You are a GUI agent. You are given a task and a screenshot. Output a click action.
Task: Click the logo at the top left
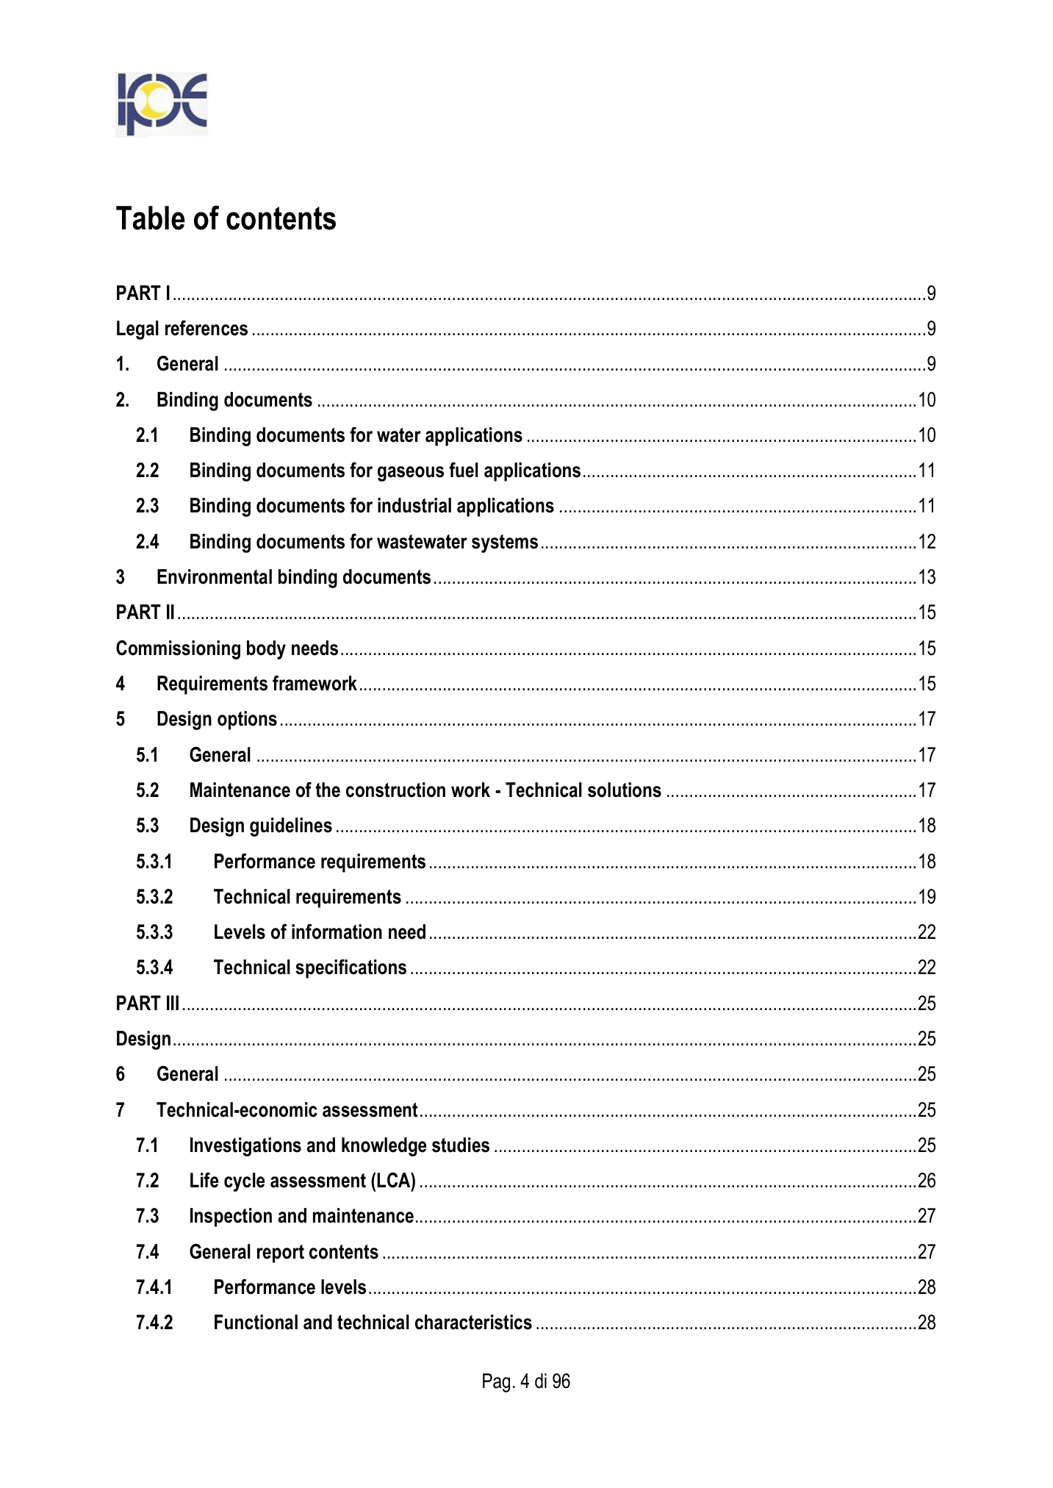[162, 104]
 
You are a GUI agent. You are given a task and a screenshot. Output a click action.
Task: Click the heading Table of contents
[226, 219]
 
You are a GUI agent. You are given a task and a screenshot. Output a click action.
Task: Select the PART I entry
[143, 293]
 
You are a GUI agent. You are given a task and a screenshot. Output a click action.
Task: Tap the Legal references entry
[182, 329]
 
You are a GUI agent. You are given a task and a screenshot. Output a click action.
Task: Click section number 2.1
[147, 435]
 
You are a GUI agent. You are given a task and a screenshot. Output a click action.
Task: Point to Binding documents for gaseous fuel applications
[384, 471]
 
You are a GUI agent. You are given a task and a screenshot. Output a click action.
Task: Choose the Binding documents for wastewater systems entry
[363, 542]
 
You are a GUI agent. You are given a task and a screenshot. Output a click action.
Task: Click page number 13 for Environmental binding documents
[927, 577]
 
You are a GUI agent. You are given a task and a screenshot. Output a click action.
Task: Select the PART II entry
[145, 612]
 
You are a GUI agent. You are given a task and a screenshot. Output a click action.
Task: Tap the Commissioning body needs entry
[227, 648]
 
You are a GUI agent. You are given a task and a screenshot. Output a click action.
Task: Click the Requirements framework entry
[256, 684]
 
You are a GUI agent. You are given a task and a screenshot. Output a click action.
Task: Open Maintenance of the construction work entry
[425, 790]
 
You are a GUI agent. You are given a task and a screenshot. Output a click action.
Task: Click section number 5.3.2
[154, 897]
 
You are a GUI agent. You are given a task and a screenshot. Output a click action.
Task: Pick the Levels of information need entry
[320, 932]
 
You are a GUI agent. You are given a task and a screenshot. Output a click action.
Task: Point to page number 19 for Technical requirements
[927, 897]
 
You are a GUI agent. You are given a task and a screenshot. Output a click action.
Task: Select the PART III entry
[148, 1004]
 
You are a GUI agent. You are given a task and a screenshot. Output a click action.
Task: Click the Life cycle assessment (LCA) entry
[302, 1181]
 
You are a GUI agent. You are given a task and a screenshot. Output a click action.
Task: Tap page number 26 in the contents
[927, 1181]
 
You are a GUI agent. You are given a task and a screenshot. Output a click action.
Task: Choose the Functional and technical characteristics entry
[373, 1323]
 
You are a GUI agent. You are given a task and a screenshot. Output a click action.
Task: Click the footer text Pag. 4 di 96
[525, 1381]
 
